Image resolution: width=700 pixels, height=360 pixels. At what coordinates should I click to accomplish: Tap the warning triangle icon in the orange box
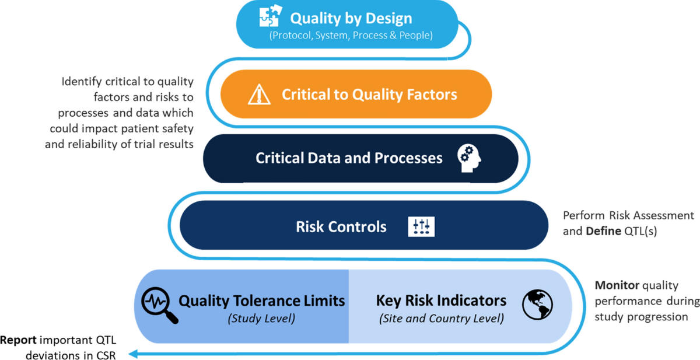257,94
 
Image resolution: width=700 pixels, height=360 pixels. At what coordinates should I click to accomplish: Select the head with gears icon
470,158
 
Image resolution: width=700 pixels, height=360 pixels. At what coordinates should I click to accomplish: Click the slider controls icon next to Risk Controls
421,226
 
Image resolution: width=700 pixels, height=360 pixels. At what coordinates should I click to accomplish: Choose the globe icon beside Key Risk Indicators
537,305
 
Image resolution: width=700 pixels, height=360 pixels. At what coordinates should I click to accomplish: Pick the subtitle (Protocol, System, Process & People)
351,36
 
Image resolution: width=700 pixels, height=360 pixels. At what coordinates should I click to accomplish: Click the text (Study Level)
261,319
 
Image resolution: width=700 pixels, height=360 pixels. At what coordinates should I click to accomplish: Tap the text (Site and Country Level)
441,319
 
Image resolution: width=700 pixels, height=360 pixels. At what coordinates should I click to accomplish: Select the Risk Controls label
341,226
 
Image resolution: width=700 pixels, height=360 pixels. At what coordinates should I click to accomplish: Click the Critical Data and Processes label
349,158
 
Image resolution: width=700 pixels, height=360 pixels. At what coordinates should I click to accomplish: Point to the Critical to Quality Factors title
369,94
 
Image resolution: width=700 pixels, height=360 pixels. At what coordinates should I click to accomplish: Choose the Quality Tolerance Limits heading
261,300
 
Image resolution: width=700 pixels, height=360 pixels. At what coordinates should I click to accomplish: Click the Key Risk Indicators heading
441,300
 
